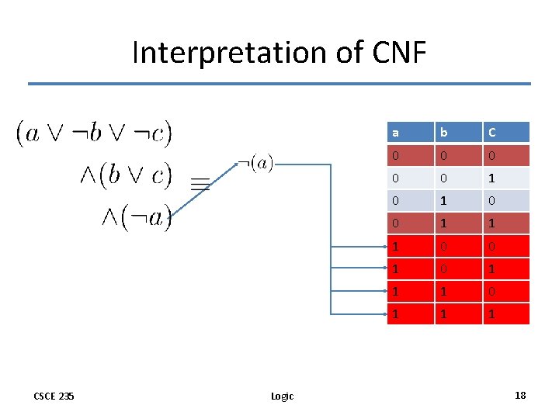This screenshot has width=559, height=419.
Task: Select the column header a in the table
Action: pyautogui.click(x=410, y=133)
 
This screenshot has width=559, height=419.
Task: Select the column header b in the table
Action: pyautogui.click(x=458, y=133)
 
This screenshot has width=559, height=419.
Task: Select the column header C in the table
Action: pyautogui.click(x=506, y=133)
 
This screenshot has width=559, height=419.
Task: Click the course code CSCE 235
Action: pyautogui.click(x=54, y=396)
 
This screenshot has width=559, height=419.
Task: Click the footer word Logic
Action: pyautogui.click(x=282, y=396)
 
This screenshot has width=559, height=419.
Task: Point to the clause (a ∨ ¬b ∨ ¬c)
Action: pyautogui.click(x=94, y=133)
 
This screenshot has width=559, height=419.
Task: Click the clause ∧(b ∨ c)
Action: pyautogui.click(x=125, y=175)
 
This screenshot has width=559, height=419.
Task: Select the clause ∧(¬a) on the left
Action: pyautogui.click(x=136, y=218)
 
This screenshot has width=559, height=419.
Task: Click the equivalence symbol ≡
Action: pyautogui.click(x=200, y=183)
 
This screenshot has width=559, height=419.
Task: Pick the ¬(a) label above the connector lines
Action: pyautogui.click(x=255, y=163)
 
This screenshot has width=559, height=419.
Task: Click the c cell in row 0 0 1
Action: pyautogui.click(x=506, y=178)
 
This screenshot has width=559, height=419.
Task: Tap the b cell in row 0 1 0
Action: pyautogui.click(x=458, y=201)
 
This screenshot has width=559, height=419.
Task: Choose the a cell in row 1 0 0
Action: pyautogui.click(x=410, y=246)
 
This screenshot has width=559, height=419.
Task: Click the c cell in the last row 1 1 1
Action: pyautogui.click(x=506, y=313)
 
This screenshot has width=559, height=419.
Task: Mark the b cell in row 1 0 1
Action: pyautogui.click(x=458, y=268)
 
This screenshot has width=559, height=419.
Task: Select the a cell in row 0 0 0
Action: pyautogui.click(x=410, y=156)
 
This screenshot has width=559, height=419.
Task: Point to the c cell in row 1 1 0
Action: pyautogui.click(x=506, y=291)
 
